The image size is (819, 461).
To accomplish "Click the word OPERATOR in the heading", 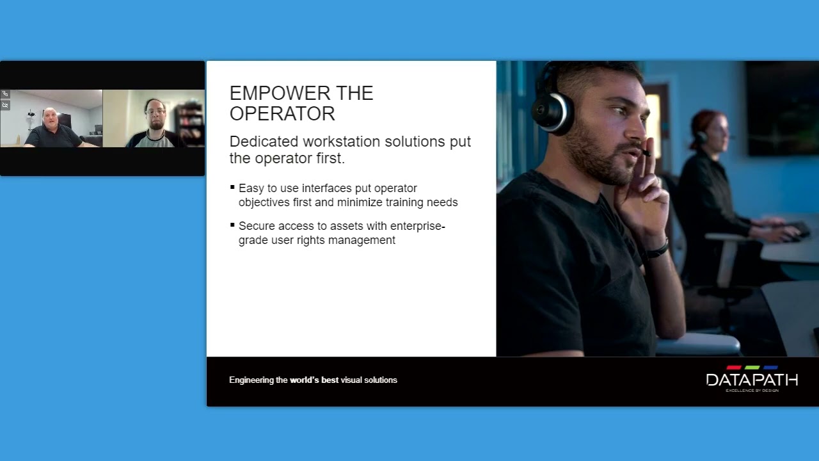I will (282, 114).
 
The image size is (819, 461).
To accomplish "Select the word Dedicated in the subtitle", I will (263, 142).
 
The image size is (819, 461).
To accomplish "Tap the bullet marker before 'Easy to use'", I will (232, 188).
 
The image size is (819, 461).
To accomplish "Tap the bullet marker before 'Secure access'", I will (232, 225).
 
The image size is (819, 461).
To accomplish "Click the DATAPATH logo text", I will (752, 380).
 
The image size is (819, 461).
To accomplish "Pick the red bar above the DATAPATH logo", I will (734, 368).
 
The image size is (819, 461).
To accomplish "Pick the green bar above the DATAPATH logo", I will (752, 368).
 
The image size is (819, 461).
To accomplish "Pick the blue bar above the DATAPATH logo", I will (770, 368).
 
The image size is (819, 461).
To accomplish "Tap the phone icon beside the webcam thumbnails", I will (5, 94).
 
